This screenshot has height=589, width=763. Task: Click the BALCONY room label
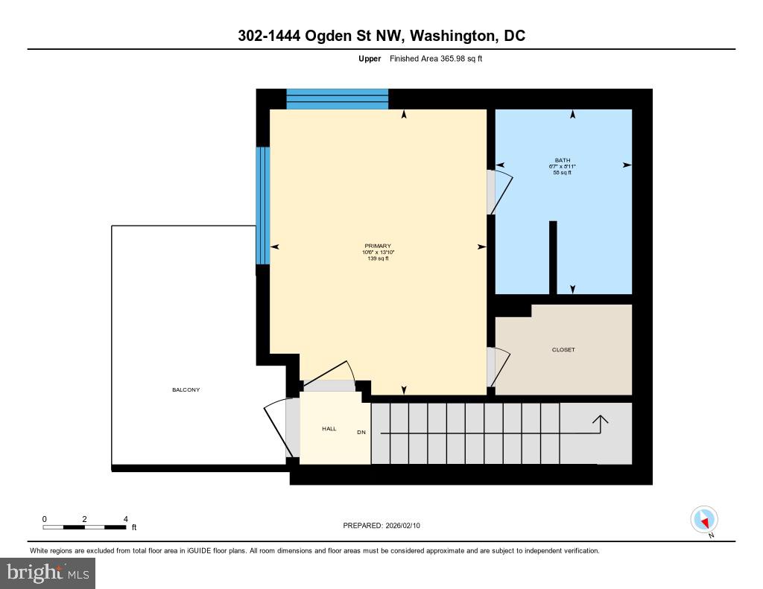pyautogui.click(x=186, y=390)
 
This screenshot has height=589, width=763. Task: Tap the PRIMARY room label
pyautogui.click(x=378, y=246)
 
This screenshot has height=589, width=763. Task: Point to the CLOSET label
pyautogui.click(x=563, y=350)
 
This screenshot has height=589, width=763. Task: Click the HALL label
pyautogui.click(x=329, y=429)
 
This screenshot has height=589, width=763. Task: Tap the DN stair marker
pyautogui.click(x=361, y=433)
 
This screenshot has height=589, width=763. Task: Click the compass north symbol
pyautogui.click(x=704, y=520)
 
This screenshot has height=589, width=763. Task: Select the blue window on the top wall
pyautogui.click(x=337, y=99)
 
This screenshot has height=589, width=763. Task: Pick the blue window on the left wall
pyautogui.click(x=262, y=206)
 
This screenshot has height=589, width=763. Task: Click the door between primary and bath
pyautogui.click(x=496, y=192)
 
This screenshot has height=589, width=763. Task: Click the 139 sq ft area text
pyautogui.click(x=377, y=258)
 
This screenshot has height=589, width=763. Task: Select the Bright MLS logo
pyautogui.click(x=48, y=573)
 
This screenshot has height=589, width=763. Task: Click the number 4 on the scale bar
pyautogui.click(x=125, y=519)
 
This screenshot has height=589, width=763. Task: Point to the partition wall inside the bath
pyautogui.click(x=553, y=257)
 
